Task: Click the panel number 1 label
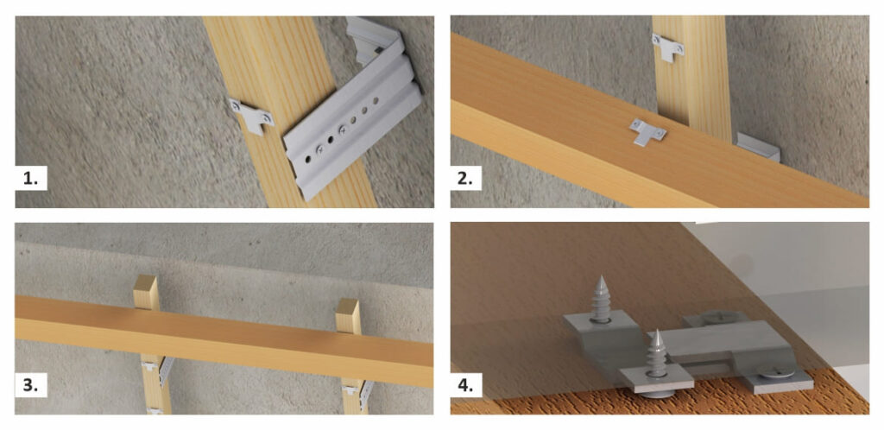[x=31, y=178]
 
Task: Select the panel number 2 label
[x=465, y=178]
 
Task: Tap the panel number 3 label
[x=31, y=386]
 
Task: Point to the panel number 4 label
[x=465, y=386]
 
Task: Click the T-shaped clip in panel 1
[x=251, y=116]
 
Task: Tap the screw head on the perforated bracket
[x=342, y=130]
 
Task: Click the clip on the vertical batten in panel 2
[x=668, y=47]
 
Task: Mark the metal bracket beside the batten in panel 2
[x=758, y=148]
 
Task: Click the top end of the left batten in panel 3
[x=146, y=285]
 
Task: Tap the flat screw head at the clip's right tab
[x=776, y=371]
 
